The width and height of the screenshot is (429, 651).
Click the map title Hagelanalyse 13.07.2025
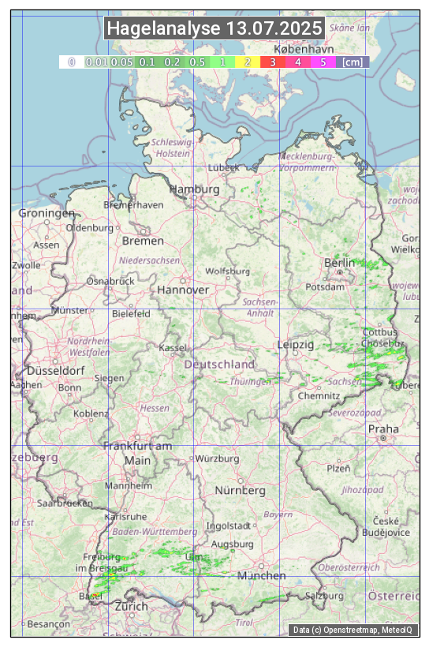point(214,28)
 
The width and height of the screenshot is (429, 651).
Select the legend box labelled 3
point(272,62)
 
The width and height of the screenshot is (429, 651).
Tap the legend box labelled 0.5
point(197,62)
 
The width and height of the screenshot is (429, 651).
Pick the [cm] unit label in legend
point(353,62)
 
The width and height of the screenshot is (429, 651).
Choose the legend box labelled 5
point(323,62)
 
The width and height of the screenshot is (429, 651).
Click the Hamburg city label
point(194,190)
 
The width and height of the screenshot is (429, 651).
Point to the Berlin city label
point(340,263)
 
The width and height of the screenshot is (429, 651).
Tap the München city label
point(262,576)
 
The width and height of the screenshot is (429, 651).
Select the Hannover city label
point(183,290)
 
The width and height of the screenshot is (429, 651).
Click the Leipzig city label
point(296,345)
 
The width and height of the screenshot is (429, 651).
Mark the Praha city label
point(383,428)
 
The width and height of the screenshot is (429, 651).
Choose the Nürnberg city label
point(241,490)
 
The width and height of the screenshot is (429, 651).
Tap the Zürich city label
point(131,606)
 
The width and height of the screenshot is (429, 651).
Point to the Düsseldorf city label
point(55,371)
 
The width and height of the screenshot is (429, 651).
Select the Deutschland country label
point(219,365)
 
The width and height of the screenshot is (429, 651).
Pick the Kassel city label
point(173,347)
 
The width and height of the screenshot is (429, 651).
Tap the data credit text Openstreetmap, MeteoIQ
point(353,630)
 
